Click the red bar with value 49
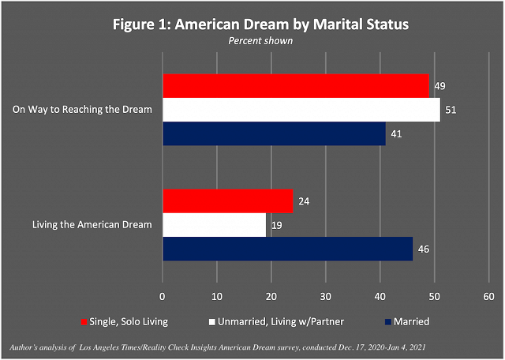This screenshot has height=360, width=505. click(296, 85)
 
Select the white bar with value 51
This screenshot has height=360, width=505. click(301, 110)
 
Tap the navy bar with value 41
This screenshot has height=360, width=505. click(274, 134)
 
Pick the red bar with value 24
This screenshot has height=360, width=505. click(228, 201)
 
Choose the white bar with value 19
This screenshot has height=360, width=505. click(214, 225)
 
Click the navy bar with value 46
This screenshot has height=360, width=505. click(288, 249)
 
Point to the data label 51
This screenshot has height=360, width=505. click(451, 110)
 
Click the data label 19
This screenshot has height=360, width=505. click(277, 225)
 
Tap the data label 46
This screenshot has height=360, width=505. click(425, 249)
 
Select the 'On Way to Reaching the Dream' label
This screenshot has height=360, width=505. click(82, 110)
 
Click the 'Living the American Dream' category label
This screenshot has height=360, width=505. click(91, 225)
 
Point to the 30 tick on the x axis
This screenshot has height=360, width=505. click(326, 296)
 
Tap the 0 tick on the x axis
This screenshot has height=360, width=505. click(163, 296)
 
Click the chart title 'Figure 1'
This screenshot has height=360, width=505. click(252, 24)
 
